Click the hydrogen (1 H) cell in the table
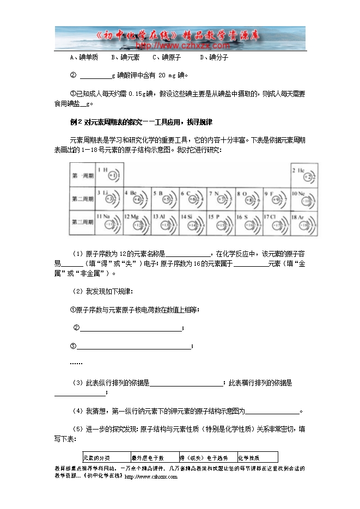[x=109, y=175]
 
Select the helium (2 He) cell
[x=304, y=175]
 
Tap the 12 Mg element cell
[x=137, y=223]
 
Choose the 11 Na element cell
[x=109, y=223]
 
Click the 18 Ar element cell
[x=304, y=223]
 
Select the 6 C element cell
[x=192, y=199]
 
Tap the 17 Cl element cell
[x=276, y=223]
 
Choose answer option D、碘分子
[x=214, y=57]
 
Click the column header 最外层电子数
[x=148, y=458]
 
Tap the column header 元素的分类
[x=96, y=458]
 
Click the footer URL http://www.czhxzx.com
[x=151, y=477]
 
